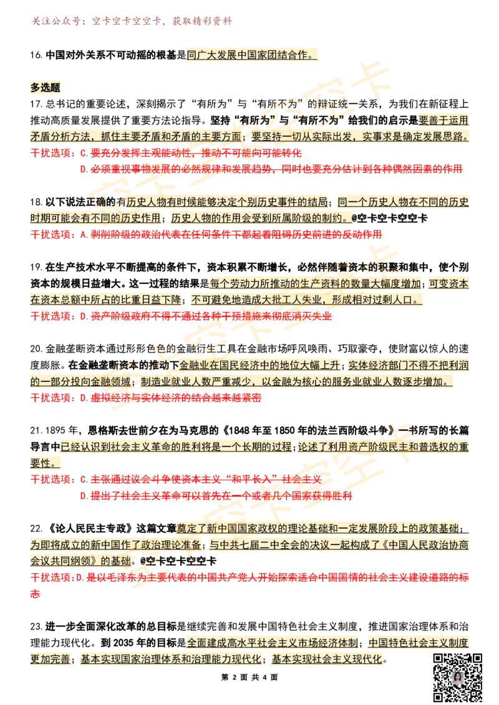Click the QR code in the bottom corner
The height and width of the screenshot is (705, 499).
point(458,677)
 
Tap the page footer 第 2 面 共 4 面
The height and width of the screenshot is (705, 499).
point(249,677)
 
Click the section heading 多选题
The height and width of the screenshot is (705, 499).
point(45,87)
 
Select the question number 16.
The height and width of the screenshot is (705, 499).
point(36,55)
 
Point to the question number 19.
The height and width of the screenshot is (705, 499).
point(36,268)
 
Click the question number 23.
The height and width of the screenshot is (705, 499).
point(36,627)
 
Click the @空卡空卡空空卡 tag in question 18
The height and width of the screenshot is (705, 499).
point(389,219)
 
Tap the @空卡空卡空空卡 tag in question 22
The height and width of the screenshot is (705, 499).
point(178,561)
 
